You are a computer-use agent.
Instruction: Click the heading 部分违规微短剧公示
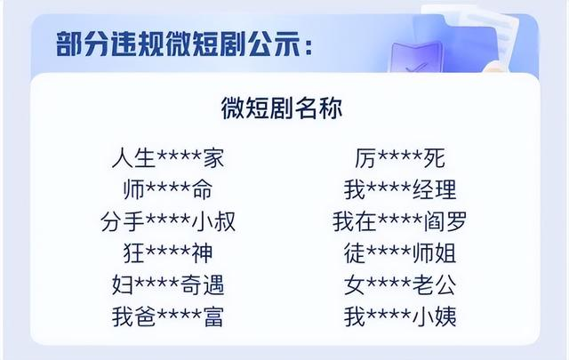pyautogui.click(x=178, y=44)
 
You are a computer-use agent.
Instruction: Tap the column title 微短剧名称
pyautogui.click(x=282, y=108)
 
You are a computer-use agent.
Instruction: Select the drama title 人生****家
pyautogui.click(x=168, y=158)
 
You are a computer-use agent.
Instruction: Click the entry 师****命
pyautogui.click(x=168, y=189)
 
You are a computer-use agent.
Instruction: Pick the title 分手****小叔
pyautogui.click(x=168, y=221)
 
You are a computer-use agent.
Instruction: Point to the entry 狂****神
pyautogui.click(x=168, y=252)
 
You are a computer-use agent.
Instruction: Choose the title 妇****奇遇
pyautogui.click(x=168, y=284)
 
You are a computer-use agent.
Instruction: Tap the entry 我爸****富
pyautogui.click(x=168, y=316)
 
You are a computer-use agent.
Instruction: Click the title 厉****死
pyautogui.click(x=400, y=158)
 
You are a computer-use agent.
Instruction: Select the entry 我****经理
pyautogui.click(x=400, y=189)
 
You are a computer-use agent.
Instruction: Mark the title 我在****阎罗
pyautogui.click(x=400, y=221)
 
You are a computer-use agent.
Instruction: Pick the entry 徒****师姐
pyautogui.click(x=400, y=252)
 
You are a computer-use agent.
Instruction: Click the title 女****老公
pyautogui.click(x=400, y=284)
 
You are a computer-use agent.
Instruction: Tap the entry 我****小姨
pyautogui.click(x=400, y=316)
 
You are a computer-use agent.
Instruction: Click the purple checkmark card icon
pyautogui.click(x=417, y=58)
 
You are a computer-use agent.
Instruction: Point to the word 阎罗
pyautogui.click(x=445, y=221)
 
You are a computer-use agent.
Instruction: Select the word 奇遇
pyautogui.click(x=202, y=284)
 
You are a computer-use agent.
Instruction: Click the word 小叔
pyautogui.click(x=213, y=221)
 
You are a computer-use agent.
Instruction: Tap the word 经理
pyautogui.click(x=435, y=189)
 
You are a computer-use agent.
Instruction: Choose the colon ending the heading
pyautogui.click(x=309, y=46)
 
